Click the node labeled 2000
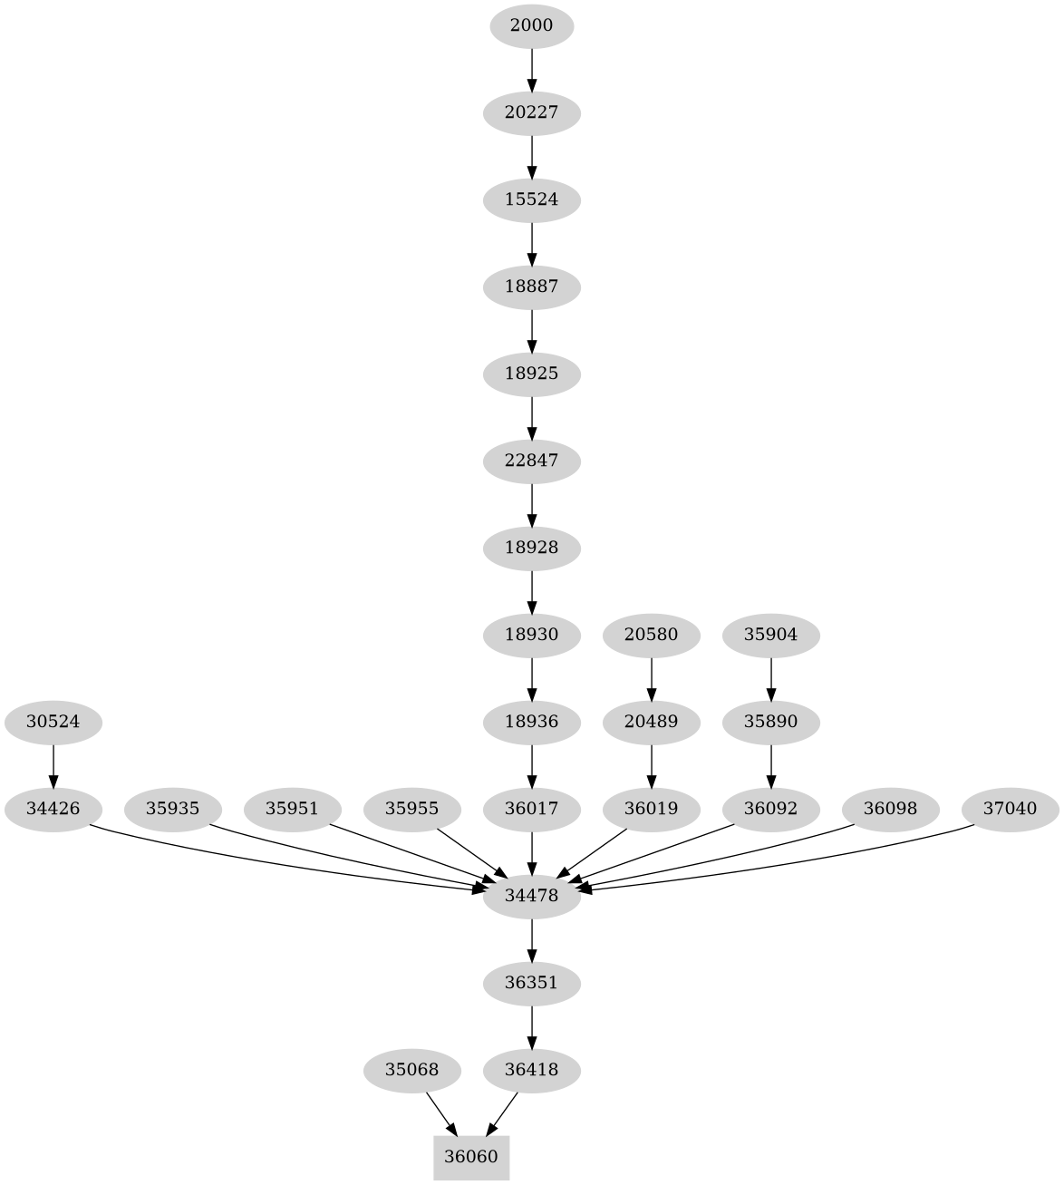tap(531, 25)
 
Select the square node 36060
tap(471, 1157)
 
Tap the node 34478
tap(531, 896)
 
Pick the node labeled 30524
tap(53, 723)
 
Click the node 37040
tap(1010, 809)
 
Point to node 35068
tap(411, 1070)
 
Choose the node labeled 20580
tap(651, 635)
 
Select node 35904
tap(770, 635)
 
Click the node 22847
tap(531, 461)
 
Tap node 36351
tap(531, 983)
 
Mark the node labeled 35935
tap(172, 809)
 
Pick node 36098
tap(890, 809)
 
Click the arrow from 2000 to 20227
tap(531, 69)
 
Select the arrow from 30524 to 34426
tap(53, 765)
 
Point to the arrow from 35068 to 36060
tap(440, 1113)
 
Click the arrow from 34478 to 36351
tap(531, 939)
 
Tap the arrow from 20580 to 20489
tap(651, 678)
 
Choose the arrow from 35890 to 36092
tap(770, 765)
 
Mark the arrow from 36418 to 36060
tap(503, 1113)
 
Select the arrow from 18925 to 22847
tap(531, 417)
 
